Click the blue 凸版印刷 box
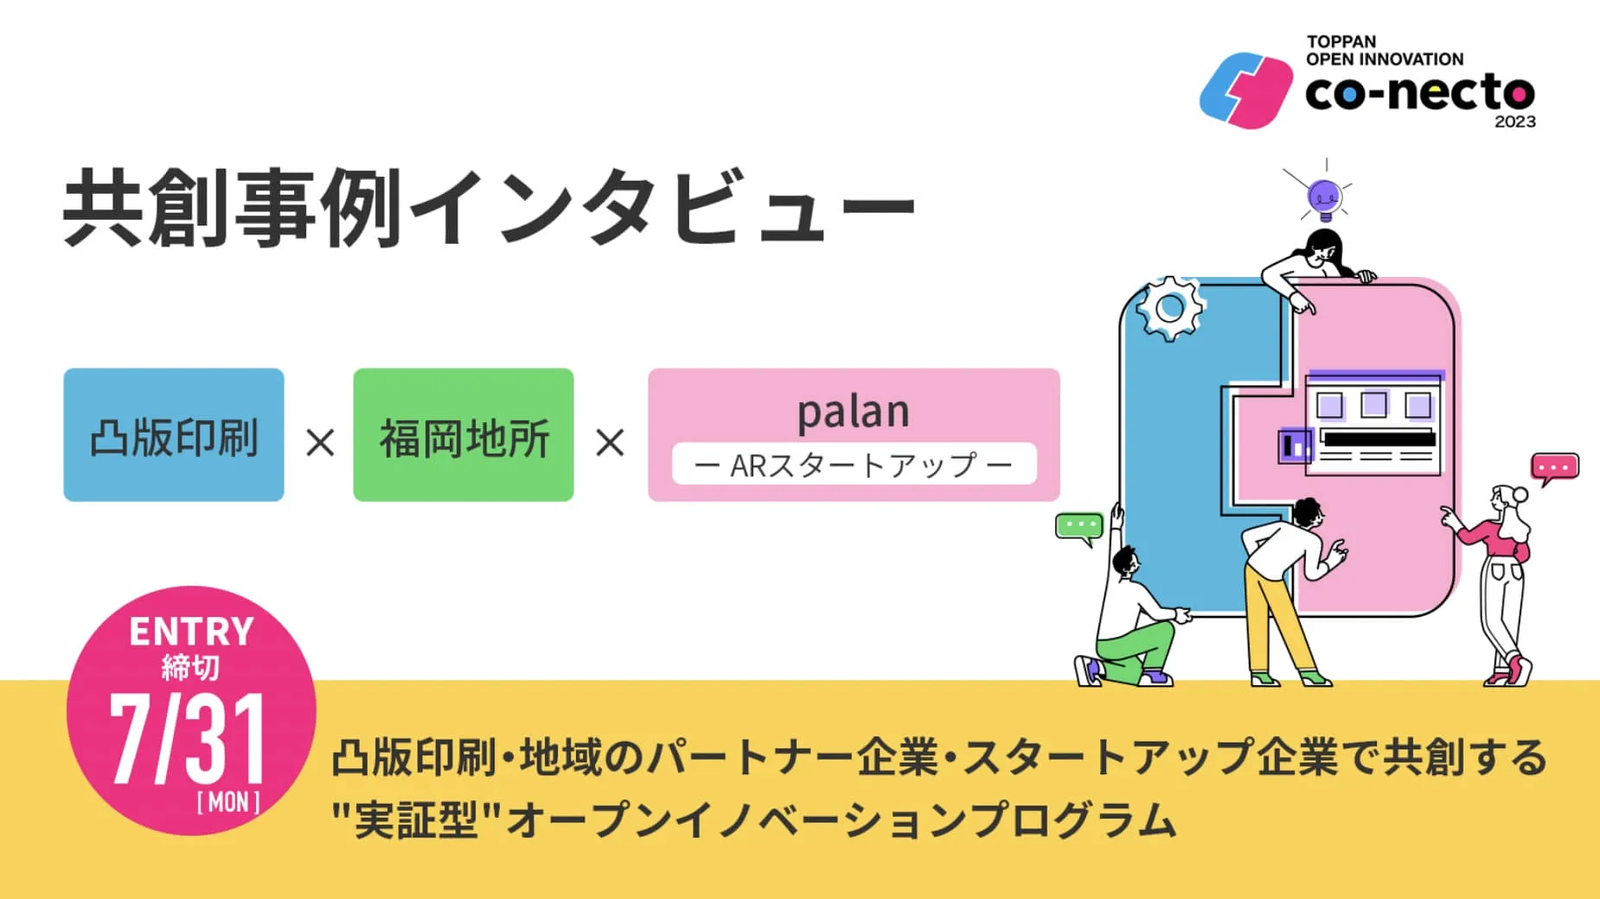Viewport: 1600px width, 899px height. tap(173, 435)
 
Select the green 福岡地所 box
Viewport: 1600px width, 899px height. tap(463, 435)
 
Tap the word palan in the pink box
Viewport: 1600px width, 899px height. tap(853, 412)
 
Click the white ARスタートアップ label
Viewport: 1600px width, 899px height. tap(854, 466)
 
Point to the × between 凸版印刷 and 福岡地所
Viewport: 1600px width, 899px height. tap(320, 444)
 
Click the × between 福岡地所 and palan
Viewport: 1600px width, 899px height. tap(610, 444)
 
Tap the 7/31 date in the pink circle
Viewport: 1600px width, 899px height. tap(187, 741)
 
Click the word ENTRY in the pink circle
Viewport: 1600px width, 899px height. tap(191, 632)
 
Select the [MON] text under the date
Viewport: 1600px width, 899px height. tap(228, 803)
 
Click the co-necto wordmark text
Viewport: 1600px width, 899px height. tap(1419, 93)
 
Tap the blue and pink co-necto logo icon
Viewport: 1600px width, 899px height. tap(1245, 91)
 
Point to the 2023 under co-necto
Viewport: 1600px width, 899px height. tap(1514, 122)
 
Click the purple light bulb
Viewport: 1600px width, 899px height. tap(1324, 197)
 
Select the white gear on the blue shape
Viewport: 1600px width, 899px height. tap(1170, 307)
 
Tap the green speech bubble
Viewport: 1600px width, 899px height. tap(1078, 527)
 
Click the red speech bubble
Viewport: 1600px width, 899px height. tap(1554, 467)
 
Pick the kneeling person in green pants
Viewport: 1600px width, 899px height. tap(1132, 623)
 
